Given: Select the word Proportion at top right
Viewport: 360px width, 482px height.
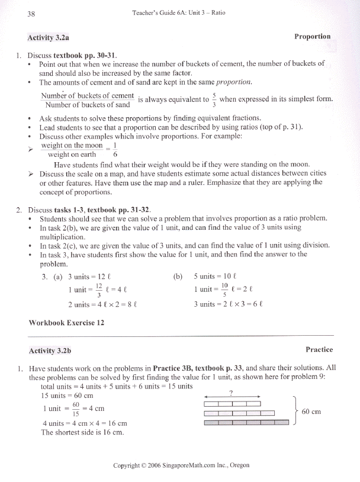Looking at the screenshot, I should [312, 37].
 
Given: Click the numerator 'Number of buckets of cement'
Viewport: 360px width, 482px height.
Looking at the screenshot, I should [87, 96].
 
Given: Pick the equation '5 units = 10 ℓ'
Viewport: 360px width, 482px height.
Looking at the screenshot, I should [216, 277].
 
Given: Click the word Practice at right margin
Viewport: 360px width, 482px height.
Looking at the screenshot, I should [319, 350].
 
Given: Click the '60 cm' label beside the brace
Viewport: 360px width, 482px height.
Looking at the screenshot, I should [311, 412].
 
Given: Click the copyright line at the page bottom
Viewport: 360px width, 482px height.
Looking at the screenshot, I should [181, 465].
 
